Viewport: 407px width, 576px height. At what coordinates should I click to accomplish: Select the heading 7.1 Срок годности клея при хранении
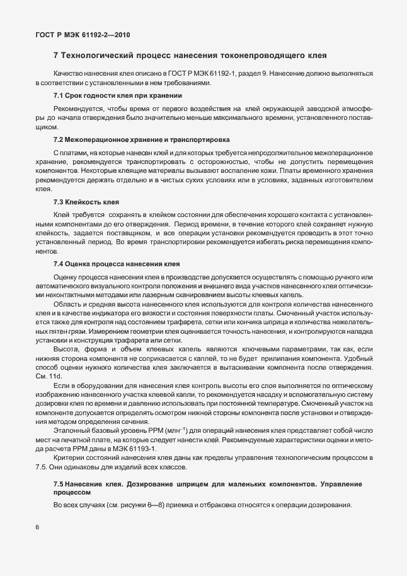pos(118,95)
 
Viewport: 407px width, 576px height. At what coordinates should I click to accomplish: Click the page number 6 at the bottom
pos(38,526)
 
